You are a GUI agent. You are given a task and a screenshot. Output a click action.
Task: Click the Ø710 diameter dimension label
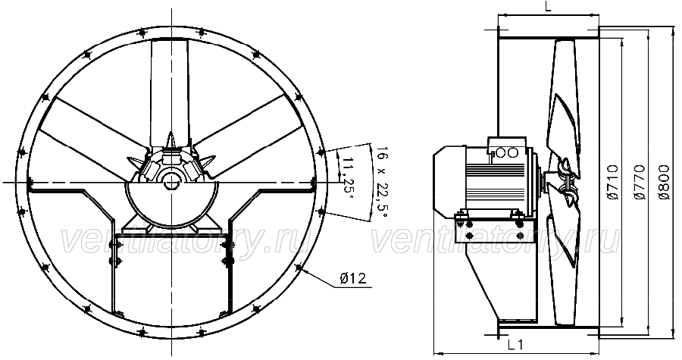613,182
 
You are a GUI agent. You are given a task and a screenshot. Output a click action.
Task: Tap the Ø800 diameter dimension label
664,182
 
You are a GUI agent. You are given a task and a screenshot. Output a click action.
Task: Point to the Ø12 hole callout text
352,278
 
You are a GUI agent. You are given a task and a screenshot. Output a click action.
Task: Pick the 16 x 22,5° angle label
381,183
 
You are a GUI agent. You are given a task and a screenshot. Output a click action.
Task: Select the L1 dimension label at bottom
515,345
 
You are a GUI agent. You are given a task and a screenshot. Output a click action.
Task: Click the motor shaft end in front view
171,182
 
